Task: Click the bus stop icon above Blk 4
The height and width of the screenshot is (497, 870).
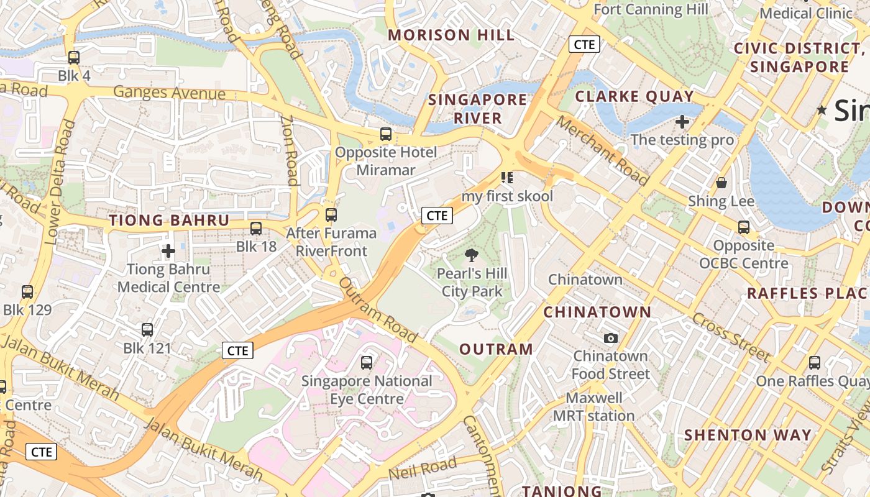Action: (x=74, y=58)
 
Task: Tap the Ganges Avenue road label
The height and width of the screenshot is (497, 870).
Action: (x=169, y=93)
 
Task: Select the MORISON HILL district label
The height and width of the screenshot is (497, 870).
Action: (x=452, y=35)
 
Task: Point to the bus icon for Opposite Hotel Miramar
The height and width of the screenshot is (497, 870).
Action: (x=386, y=134)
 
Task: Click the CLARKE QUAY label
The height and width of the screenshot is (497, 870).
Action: (x=634, y=96)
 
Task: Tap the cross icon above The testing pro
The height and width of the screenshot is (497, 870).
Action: (x=682, y=122)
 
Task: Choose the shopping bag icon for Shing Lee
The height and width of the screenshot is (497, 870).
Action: (x=721, y=183)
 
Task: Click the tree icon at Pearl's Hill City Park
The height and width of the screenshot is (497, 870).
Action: (x=472, y=255)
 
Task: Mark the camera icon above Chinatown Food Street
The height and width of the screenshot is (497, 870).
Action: (x=611, y=338)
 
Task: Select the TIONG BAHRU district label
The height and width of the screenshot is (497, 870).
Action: (x=169, y=221)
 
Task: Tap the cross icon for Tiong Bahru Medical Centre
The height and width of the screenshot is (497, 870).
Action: (x=168, y=251)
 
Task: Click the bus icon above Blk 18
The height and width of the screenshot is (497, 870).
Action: (x=256, y=228)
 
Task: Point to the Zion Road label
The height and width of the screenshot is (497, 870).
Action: (x=289, y=150)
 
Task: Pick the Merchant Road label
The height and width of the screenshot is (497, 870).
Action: (x=602, y=150)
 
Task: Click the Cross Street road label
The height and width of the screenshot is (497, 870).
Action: (x=730, y=337)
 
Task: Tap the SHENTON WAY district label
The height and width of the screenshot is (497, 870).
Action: (x=748, y=435)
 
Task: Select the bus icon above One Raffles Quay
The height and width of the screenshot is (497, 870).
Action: (x=814, y=362)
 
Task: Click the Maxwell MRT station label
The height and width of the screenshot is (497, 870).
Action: (x=593, y=407)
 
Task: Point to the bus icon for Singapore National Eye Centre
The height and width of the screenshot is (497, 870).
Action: (x=367, y=362)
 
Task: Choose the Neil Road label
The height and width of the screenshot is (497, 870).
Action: (x=422, y=469)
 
